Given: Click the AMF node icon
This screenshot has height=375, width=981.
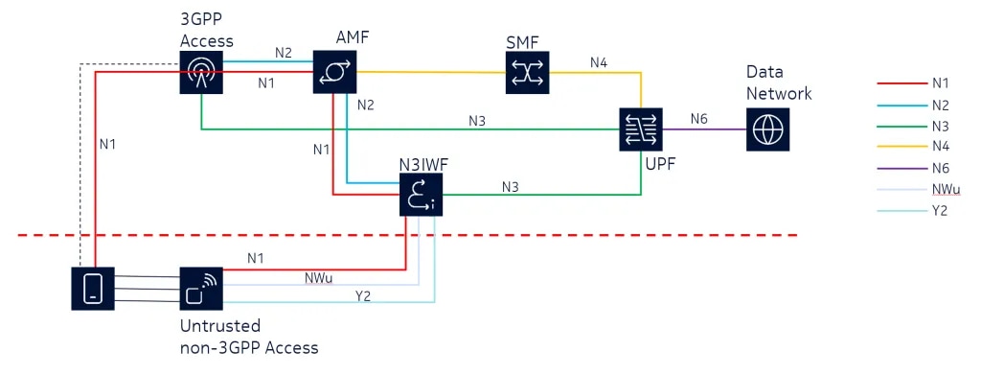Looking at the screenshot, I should pos(335,72).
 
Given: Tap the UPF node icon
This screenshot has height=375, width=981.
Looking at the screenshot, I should pos(641,129).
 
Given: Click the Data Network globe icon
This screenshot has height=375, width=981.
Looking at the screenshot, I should pos(768,129).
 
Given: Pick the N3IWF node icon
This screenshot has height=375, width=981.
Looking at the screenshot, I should pos(422,195).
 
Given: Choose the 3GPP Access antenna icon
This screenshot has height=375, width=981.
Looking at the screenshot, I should pos(200,72).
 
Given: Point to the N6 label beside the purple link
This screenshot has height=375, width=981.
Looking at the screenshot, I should pos(698,119).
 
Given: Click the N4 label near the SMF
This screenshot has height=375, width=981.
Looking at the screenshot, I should pos(599,62).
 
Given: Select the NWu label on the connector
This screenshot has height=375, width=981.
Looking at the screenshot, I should pos(318,278).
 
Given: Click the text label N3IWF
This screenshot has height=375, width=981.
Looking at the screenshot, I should pos(422,165).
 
